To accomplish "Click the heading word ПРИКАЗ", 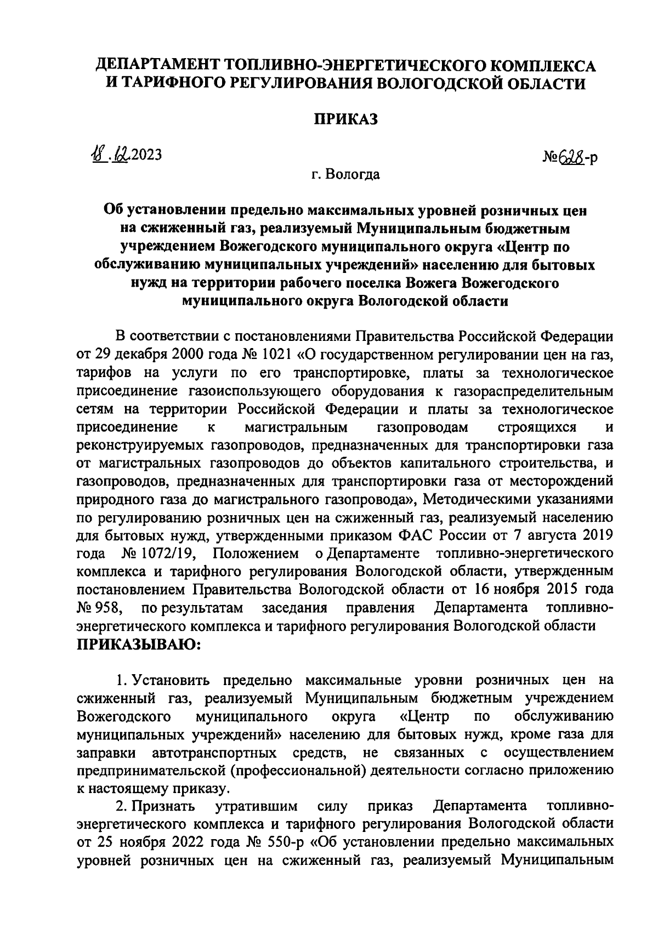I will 346,119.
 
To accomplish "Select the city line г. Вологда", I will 345,175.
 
